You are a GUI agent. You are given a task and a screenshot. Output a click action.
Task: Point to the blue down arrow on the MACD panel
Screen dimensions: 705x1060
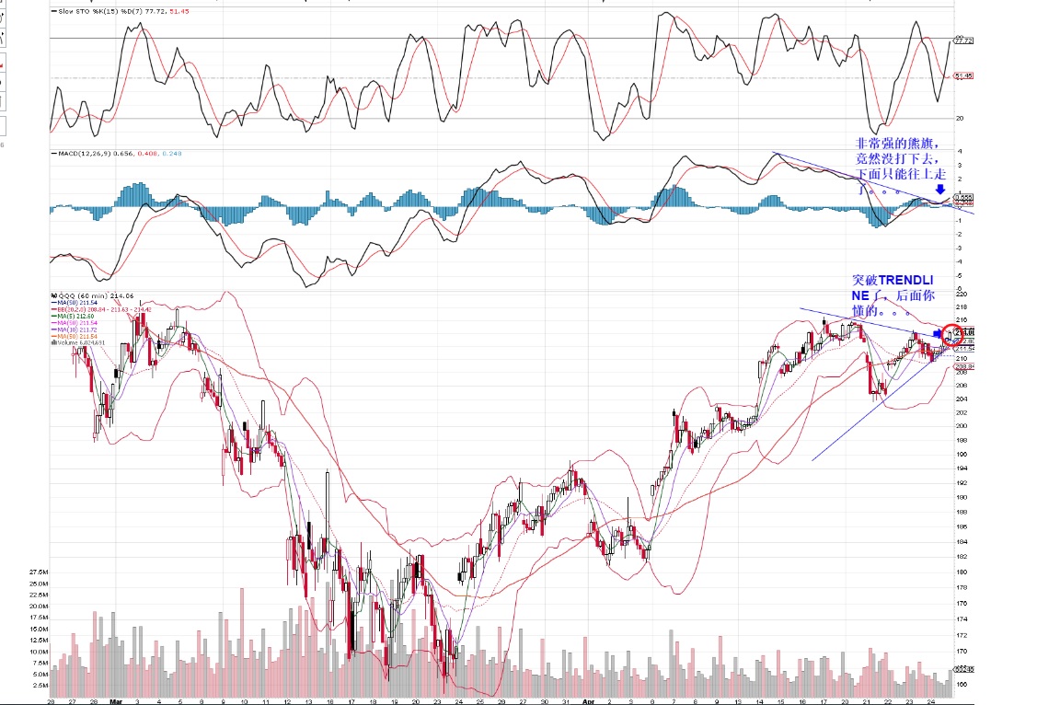click(939, 189)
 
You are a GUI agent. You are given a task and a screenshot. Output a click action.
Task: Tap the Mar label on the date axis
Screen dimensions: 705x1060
click(115, 699)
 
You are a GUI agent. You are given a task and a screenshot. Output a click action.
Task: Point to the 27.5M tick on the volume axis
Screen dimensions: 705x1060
click(38, 572)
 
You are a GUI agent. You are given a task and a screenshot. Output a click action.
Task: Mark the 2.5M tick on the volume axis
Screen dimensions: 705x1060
click(40, 686)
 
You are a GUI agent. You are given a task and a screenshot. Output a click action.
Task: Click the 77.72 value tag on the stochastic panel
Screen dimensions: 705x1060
click(964, 40)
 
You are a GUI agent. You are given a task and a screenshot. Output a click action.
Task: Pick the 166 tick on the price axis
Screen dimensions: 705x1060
click(961, 684)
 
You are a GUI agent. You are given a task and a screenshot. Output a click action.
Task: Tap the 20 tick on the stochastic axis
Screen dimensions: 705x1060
click(959, 118)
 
